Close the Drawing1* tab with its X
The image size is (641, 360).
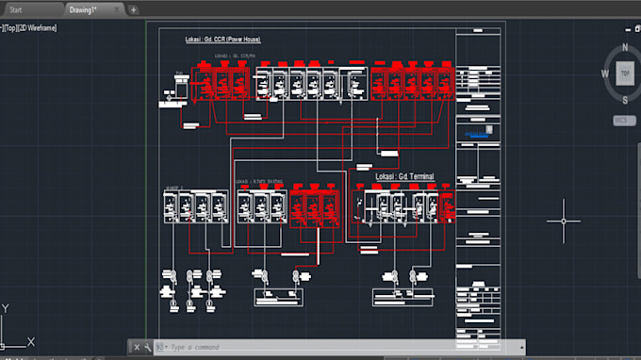[x=117, y=9]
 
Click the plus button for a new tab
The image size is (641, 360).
[x=133, y=9]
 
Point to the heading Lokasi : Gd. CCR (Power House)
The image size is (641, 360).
[x=223, y=40]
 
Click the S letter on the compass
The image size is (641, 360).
[x=623, y=99]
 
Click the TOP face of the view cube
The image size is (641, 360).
[x=623, y=73]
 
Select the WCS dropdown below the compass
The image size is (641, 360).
[x=621, y=121]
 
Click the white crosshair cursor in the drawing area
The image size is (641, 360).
[x=564, y=221]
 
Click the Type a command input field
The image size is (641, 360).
[x=283, y=348]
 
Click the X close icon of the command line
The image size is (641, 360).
[x=136, y=348]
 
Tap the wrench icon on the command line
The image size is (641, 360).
[x=148, y=348]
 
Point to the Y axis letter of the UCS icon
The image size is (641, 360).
[x=6, y=308]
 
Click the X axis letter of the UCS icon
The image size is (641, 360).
[x=31, y=341]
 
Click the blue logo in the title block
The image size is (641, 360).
[x=480, y=135]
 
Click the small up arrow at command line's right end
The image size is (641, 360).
[x=520, y=347]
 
